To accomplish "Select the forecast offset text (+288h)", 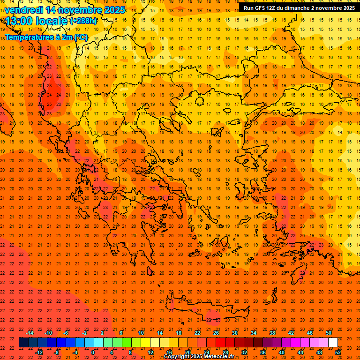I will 83,21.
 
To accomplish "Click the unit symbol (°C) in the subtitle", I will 81,37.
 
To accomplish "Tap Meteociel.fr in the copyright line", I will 219,357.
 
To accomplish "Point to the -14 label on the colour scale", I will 30,333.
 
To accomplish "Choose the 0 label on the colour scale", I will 93,352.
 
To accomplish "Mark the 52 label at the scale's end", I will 338,352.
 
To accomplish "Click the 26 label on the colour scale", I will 216,333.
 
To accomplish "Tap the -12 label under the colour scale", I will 39,352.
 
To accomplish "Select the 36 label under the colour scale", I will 263,352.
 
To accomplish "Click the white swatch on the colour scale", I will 333,343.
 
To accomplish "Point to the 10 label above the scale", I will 141,333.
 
